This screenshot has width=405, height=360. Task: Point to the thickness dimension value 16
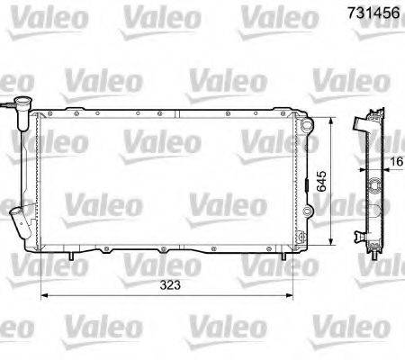(x=397, y=164)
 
